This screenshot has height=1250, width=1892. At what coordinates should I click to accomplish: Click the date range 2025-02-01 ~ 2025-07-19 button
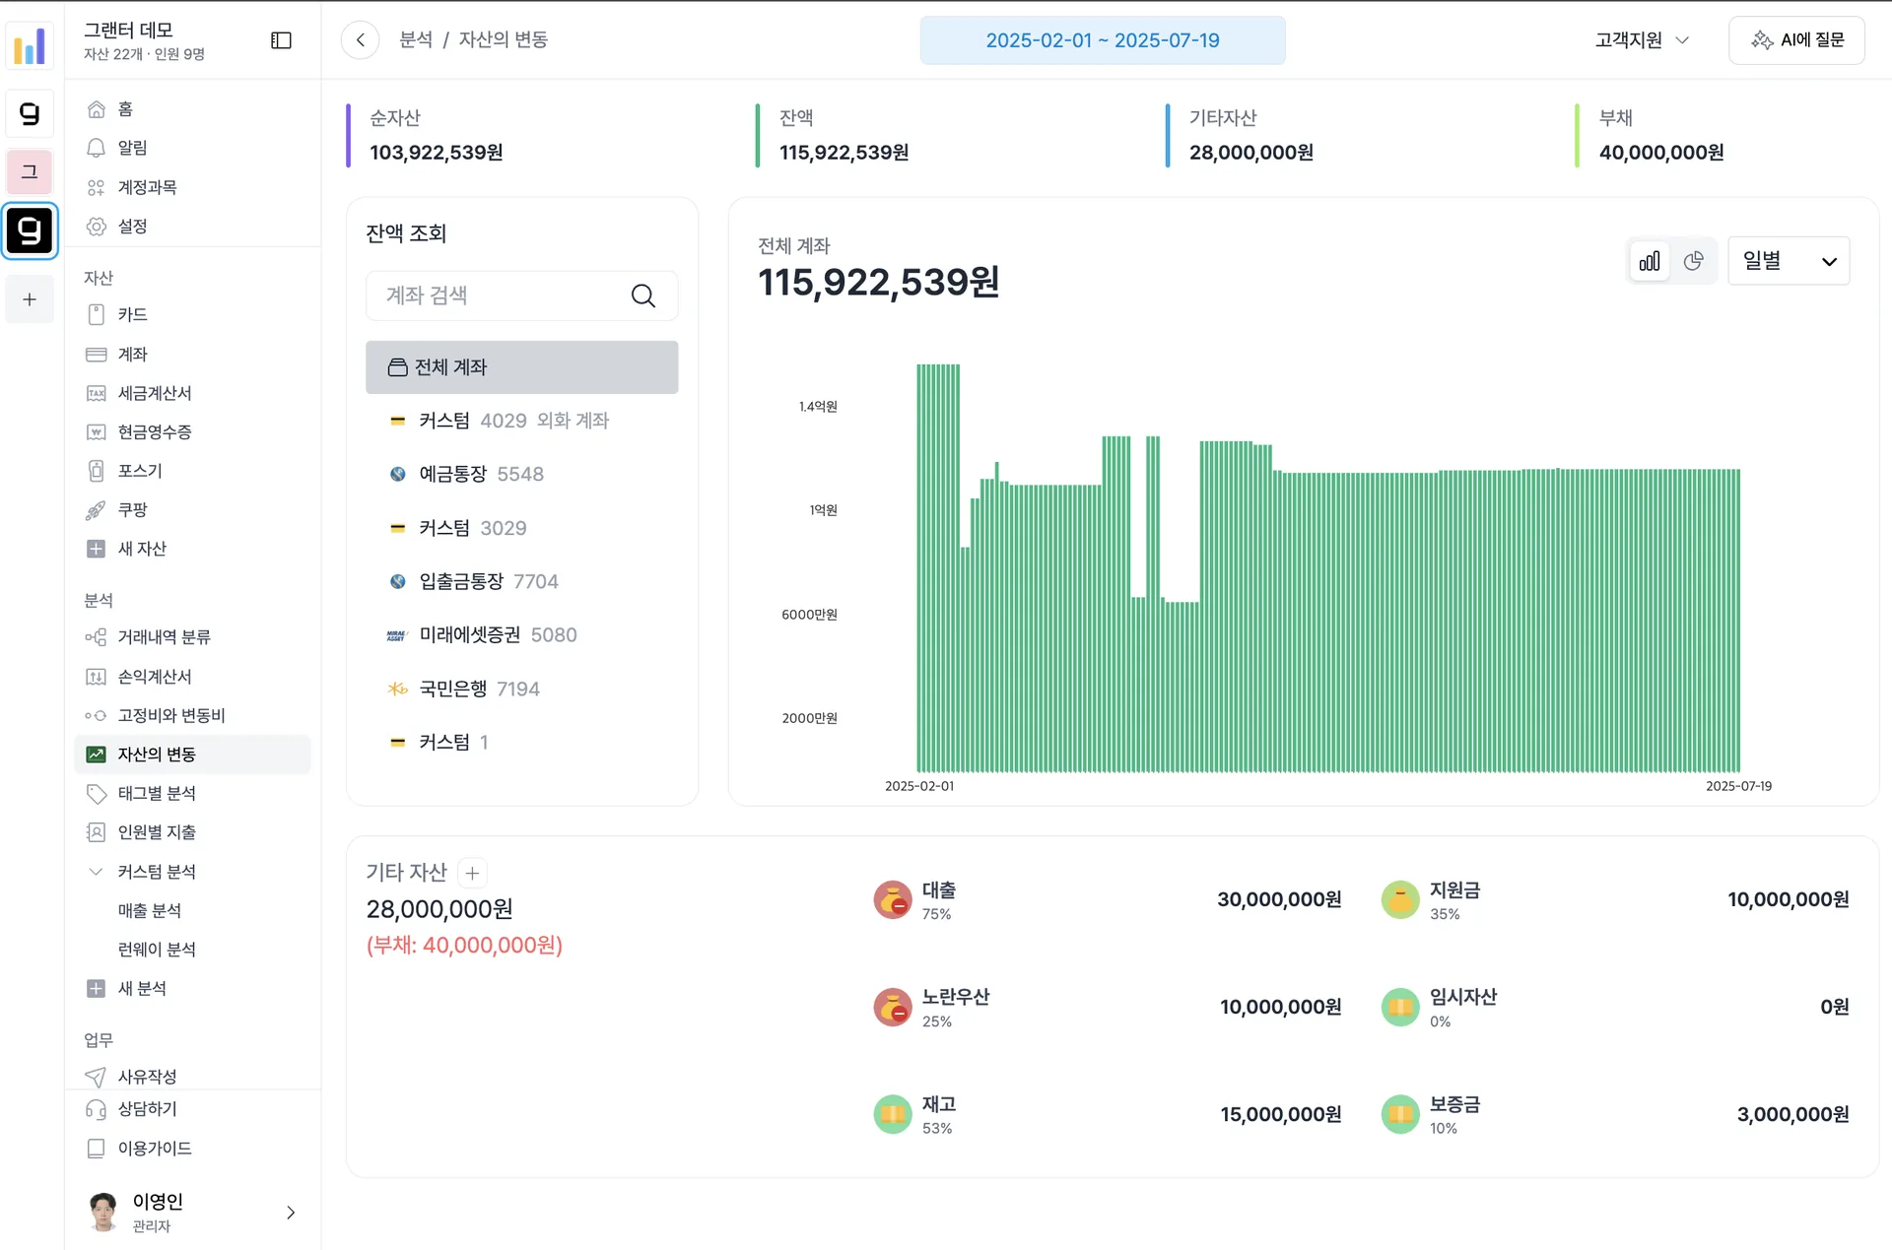[x=1102, y=40]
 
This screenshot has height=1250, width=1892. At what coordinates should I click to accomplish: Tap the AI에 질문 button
[x=1796, y=40]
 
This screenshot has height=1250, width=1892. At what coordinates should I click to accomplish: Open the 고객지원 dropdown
[x=1643, y=40]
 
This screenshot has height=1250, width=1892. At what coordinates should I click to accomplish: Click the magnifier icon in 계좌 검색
[x=643, y=296]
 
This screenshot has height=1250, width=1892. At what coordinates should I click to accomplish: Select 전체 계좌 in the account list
[x=521, y=367]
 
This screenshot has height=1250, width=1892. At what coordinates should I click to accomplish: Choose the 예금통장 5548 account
[x=466, y=474]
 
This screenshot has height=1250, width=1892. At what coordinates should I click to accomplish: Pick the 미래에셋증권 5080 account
[x=482, y=635]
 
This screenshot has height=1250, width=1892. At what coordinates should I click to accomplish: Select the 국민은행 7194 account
[x=464, y=689]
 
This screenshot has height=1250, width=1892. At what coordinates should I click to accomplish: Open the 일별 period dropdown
[x=1789, y=261]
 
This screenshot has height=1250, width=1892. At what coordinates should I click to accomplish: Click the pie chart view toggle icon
[x=1694, y=261]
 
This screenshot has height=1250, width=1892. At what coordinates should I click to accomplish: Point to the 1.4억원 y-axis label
[x=818, y=407]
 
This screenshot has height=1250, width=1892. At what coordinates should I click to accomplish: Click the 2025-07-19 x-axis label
[x=1738, y=786]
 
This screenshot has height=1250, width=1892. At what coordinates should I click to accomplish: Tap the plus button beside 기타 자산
[x=473, y=873]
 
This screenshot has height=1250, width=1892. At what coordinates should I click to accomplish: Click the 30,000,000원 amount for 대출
[x=1279, y=899]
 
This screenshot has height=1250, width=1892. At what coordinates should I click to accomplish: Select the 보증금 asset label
[x=1454, y=1104]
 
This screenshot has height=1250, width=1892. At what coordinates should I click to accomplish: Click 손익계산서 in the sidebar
[x=155, y=677]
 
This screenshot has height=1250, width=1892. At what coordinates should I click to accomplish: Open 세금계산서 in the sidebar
[x=155, y=393]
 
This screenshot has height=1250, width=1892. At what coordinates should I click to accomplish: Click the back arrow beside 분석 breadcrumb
[x=361, y=40]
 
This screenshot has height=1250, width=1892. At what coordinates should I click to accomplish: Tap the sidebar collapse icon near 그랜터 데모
[x=281, y=40]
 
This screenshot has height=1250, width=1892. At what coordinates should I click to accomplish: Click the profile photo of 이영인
[x=102, y=1212]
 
